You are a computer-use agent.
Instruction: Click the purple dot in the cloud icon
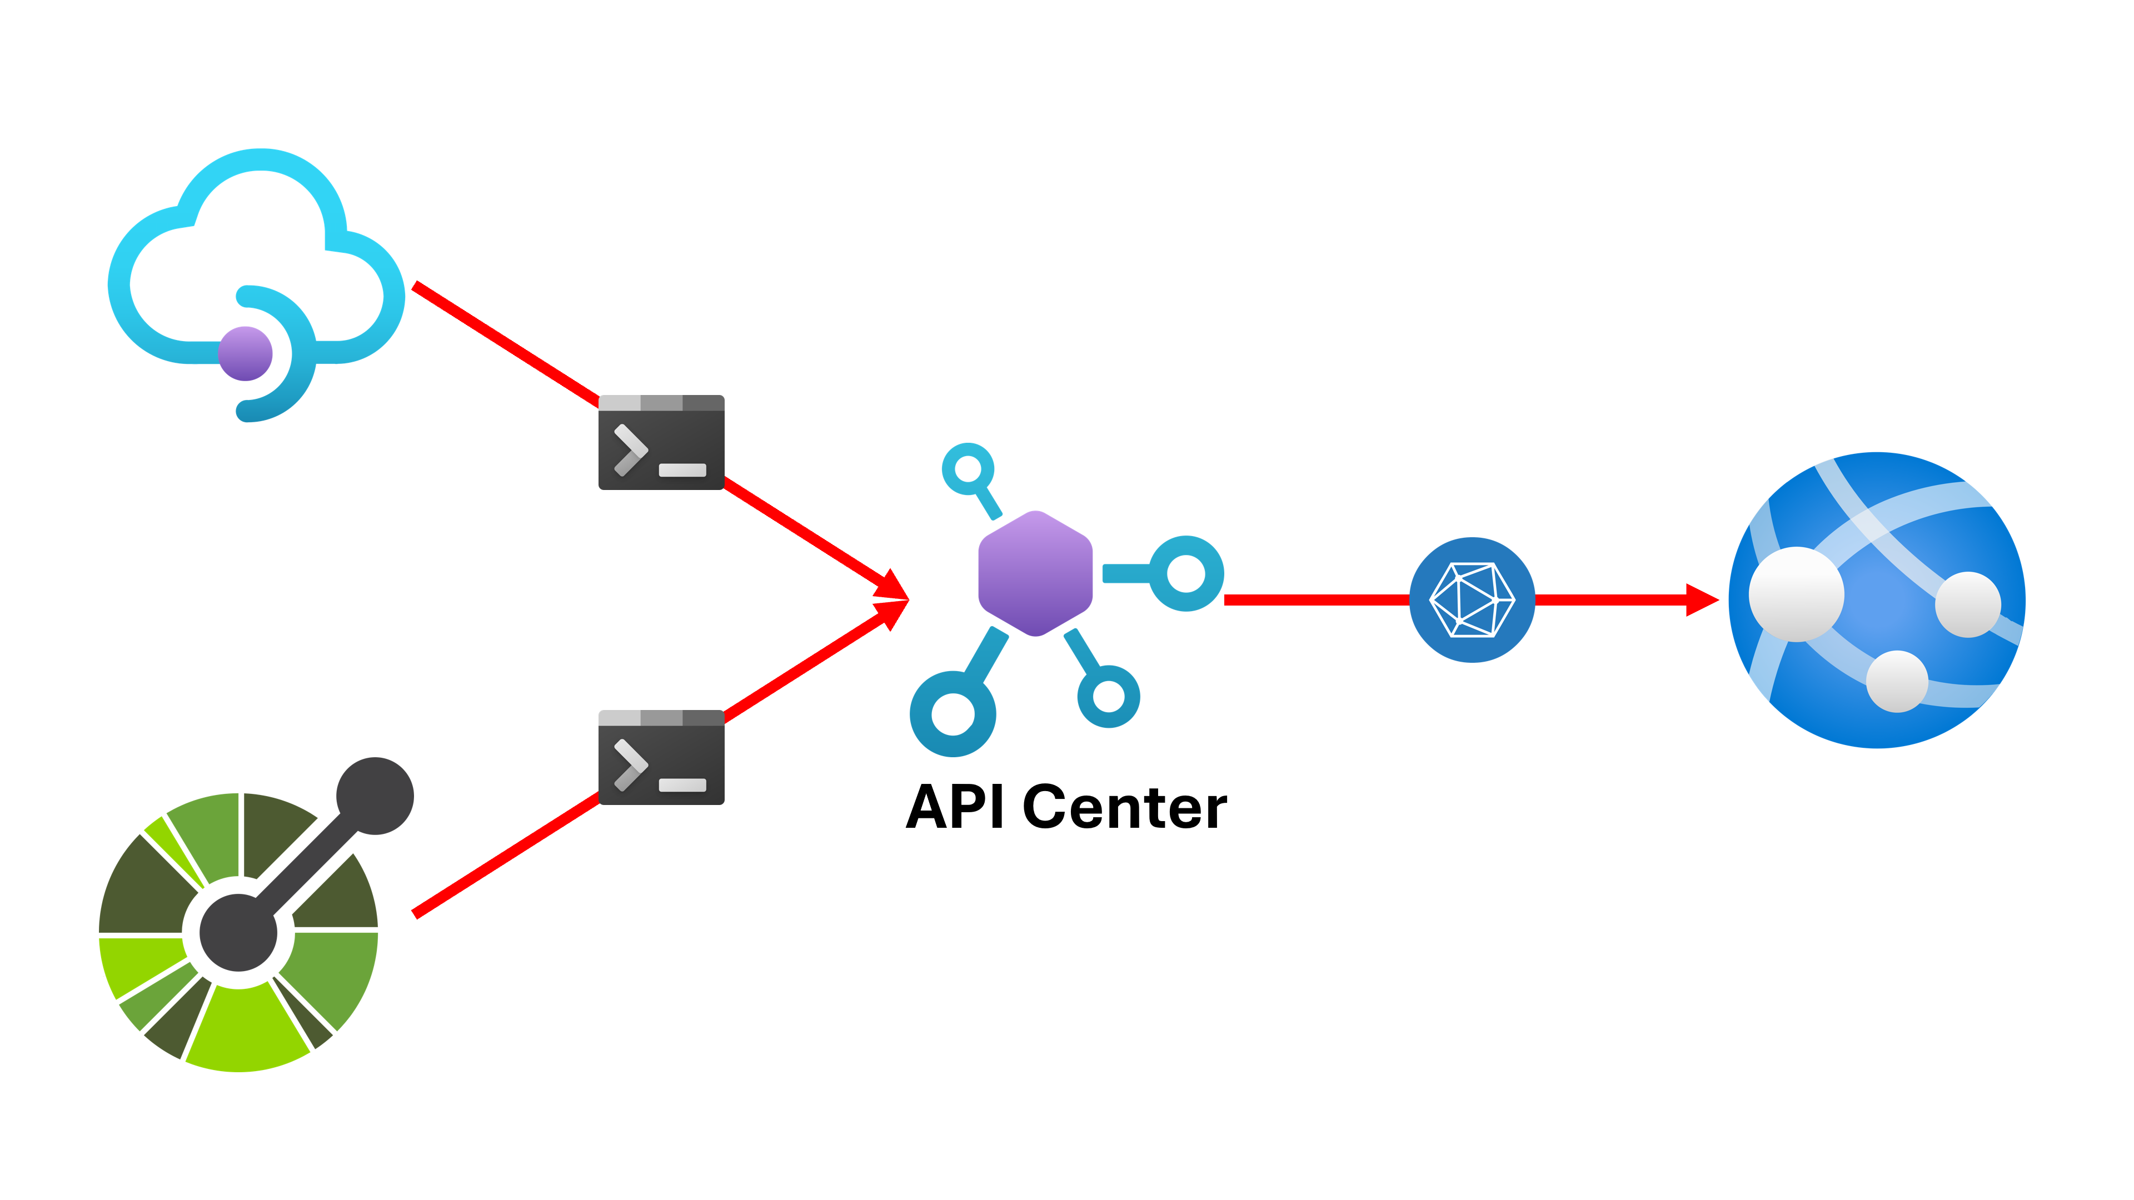[x=245, y=354]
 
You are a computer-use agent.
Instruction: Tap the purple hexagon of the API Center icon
[x=1035, y=573]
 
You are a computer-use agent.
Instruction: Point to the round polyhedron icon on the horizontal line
[x=1472, y=599]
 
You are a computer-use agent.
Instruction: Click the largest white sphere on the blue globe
[x=1796, y=594]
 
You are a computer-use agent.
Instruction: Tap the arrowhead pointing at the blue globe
[x=1702, y=599]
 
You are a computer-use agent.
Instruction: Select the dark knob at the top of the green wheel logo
[x=375, y=796]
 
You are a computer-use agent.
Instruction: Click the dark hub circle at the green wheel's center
[x=238, y=933]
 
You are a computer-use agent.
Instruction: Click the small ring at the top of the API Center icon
[x=967, y=469]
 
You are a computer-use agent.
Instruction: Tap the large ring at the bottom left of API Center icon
[x=953, y=714]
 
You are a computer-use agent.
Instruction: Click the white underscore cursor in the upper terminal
[x=682, y=471]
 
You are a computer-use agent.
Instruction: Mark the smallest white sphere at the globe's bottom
[x=1897, y=681]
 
